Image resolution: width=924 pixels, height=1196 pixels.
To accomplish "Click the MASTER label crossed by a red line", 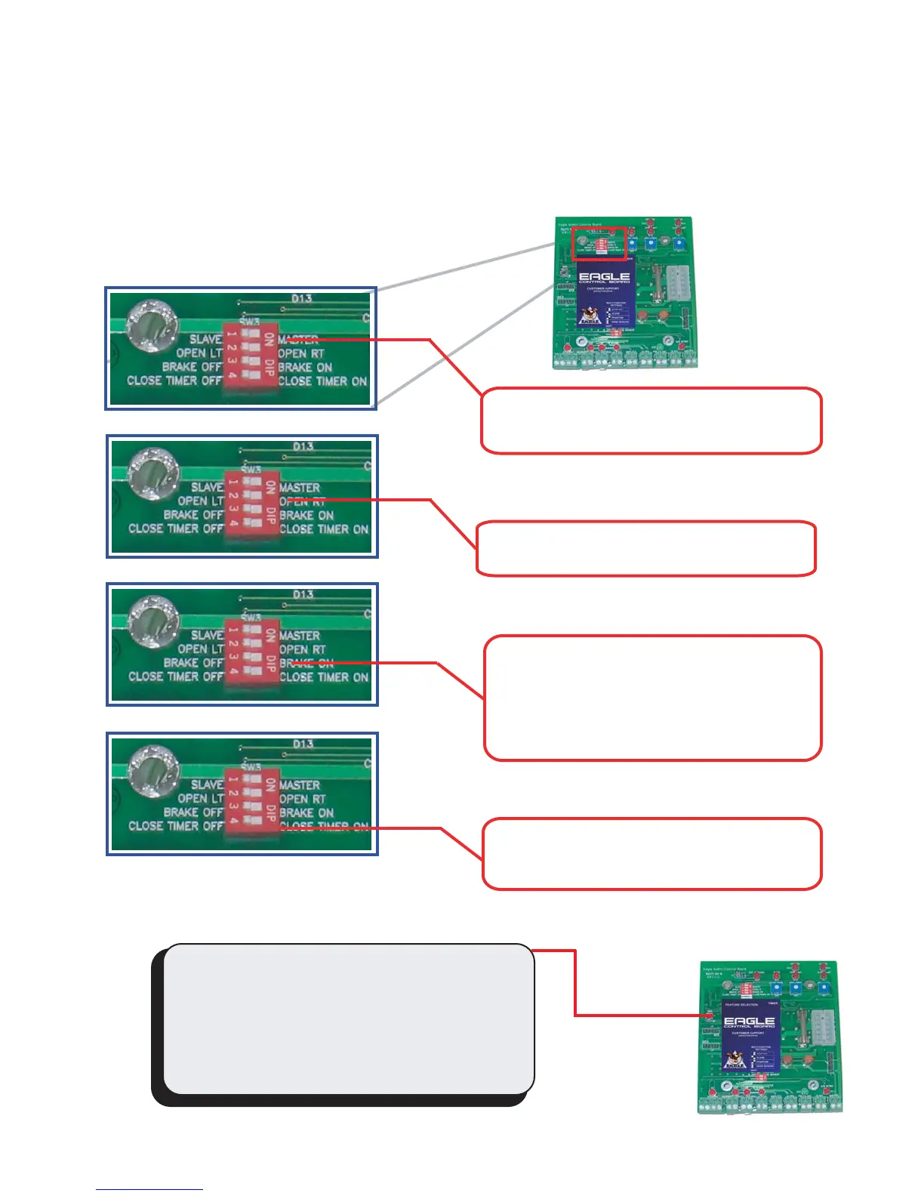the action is (299, 340).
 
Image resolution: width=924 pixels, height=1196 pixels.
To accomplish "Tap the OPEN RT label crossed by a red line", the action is (302, 501).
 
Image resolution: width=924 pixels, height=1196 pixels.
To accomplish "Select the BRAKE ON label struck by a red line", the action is (306, 663).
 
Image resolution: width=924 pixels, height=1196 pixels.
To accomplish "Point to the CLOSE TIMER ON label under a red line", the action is (324, 827).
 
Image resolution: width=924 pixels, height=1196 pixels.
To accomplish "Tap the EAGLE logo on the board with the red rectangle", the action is (604, 278).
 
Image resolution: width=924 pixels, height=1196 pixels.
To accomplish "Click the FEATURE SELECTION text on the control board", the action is (741, 1004).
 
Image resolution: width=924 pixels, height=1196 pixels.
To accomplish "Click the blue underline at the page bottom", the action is (149, 1189).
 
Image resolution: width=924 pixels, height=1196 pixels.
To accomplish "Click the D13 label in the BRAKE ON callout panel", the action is (303, 594).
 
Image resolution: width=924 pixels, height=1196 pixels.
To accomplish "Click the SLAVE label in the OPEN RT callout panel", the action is (206, 488).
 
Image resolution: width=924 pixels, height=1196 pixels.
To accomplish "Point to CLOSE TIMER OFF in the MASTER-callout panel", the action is (174, 381).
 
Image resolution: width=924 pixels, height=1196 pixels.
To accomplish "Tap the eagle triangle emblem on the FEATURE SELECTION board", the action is (731, 1061).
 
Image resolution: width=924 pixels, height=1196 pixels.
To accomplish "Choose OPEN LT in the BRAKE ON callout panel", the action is (200, 649).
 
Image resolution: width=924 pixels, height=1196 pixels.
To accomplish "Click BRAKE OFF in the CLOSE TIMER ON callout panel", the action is (192, 812).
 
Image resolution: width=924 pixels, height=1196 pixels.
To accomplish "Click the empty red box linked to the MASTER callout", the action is (651, 421).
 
